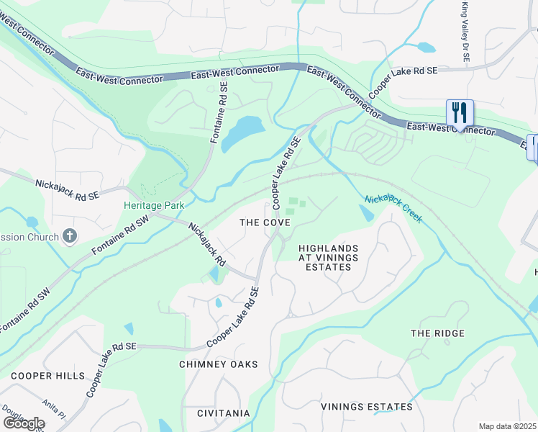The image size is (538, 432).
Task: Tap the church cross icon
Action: pos(69,235)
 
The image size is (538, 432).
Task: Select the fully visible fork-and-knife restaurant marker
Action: pos(460,113)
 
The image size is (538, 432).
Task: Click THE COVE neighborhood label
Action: pos(265,223)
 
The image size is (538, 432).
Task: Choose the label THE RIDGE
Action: pos(437,333)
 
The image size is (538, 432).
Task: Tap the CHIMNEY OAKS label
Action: pos(218,364)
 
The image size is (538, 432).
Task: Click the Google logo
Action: pos(24,423)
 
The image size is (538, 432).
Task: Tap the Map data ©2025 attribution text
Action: pos(508,426)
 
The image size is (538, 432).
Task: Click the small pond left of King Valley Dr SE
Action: pos(426,48)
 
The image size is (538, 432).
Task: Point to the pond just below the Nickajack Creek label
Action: pos(365,213)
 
